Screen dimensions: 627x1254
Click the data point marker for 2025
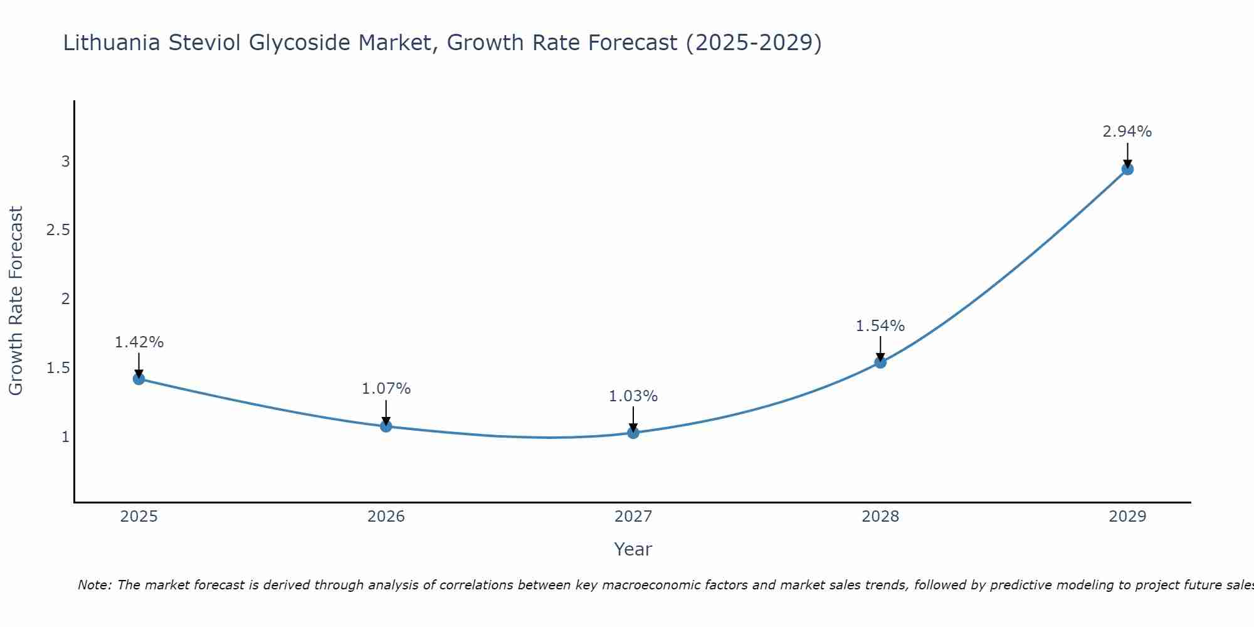[x=139, y=379]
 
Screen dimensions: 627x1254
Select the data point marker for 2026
[x=386, y=426]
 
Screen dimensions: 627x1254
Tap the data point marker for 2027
[x=633, y=433]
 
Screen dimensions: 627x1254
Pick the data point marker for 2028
[x=880, y=362]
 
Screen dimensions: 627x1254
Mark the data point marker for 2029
[x=1127, y=169]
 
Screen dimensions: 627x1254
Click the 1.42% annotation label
[x=139, y=342]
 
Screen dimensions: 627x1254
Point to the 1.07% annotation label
[x=386, y=389]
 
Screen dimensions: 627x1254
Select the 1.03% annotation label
[x=633, y=396]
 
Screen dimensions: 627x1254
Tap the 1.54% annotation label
[x=880, y=326]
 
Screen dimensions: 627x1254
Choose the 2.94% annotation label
[x=1127, y=132]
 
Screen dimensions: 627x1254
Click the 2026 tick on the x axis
[x=386, y=517]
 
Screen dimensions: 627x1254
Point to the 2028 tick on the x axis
[x=880, y=517]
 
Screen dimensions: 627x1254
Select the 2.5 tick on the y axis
[x=58, y=230]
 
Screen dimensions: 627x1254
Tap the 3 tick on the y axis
[x=65, y=162]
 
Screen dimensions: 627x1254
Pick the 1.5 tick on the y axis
[x=58, y=368]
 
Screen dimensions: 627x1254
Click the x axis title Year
[x=633, y=549]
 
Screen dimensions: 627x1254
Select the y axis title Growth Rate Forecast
[x=16, y=301]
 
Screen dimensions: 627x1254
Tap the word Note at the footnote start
[x=93, y=585]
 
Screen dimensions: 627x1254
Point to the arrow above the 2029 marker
[x=1127, y=155]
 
